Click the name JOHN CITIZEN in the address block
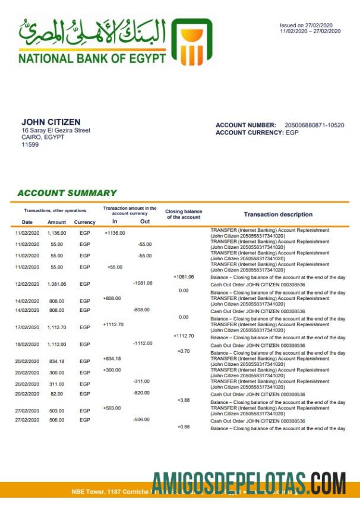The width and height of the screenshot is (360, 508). (50, 122)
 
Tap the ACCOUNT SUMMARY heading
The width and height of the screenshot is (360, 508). (67, 193)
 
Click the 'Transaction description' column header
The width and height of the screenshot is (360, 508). (278, 214)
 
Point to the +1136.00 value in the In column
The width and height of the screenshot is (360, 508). (115, 233)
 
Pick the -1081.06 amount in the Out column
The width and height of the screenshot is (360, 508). (143, 283)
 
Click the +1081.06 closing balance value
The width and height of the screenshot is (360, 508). (184, 277)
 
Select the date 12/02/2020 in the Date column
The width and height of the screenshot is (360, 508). (27, 285)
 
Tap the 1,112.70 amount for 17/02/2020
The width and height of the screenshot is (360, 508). (57, 327)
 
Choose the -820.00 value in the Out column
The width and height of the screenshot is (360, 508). (141, 393)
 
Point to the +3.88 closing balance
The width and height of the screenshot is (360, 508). (184, 400)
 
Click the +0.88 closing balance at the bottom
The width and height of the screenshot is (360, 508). (184, 428)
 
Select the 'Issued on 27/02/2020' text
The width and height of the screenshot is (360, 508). (307, 26)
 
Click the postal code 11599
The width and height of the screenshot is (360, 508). (30, 144)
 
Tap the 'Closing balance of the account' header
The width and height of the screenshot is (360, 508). (184, 214)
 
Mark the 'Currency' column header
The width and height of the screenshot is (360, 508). (84, 222)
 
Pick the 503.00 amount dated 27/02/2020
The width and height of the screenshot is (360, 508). (57, 410)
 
